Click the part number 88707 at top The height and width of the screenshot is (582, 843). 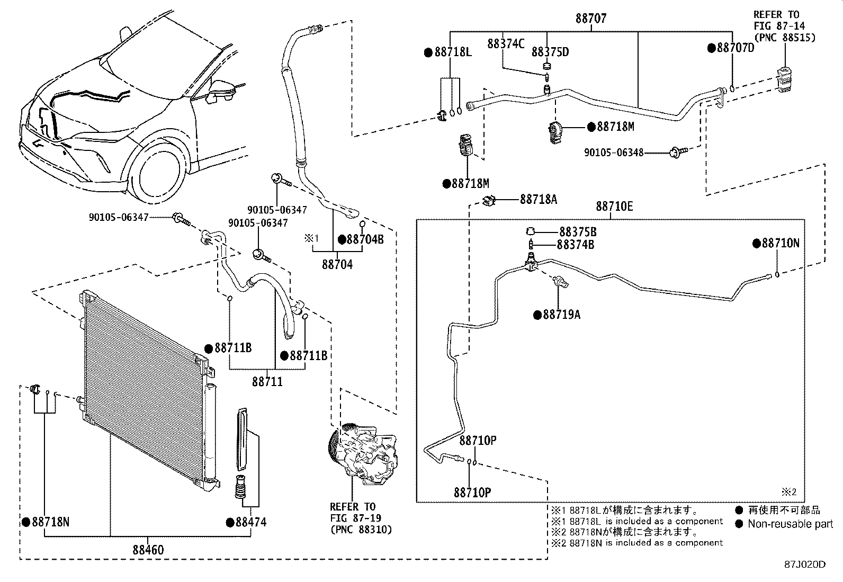[x=591, y=19]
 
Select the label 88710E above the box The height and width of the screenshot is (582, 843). [x=614, y=207]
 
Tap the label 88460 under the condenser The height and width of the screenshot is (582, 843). [x=148, y=550]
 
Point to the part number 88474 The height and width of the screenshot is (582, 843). [x=250, y=523]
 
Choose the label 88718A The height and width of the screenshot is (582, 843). [x=538, y=199]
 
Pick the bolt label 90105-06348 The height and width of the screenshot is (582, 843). [x=613, y=153]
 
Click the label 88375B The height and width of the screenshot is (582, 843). [x=578, y=232]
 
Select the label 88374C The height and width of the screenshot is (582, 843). [x=506, y=44]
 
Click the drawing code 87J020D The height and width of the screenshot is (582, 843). [x=805, y=565]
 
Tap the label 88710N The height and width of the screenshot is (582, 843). [x=781, y=243]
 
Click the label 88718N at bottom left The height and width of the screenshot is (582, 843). [x=50, y=522]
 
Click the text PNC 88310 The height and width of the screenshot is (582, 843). [x=361, y=530]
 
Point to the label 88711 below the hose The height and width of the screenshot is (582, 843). [x=267, y=381]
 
